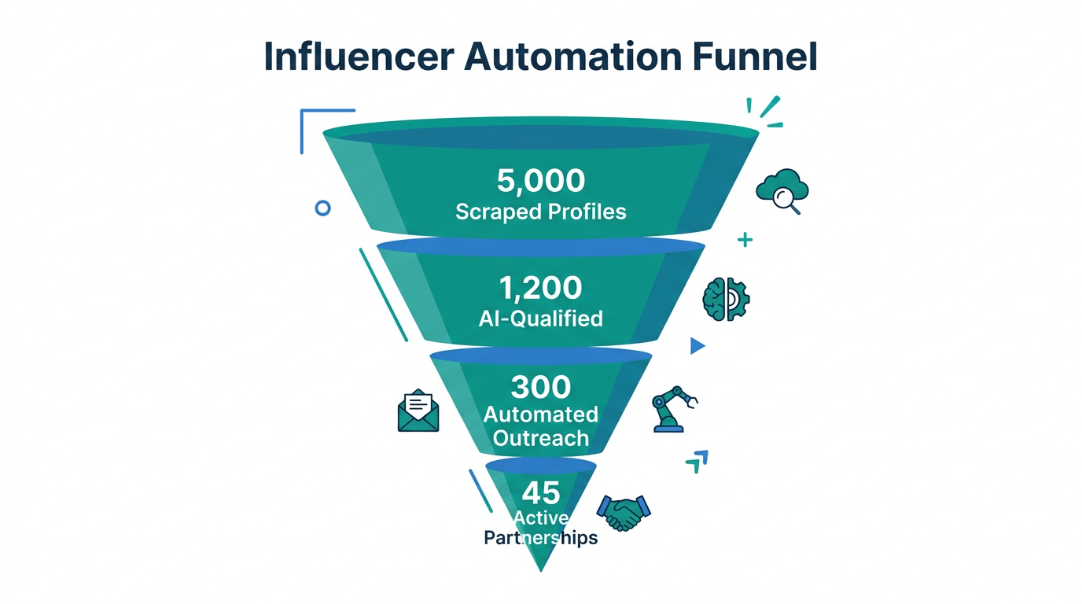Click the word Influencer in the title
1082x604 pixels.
[357, 57]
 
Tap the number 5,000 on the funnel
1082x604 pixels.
[541, 181]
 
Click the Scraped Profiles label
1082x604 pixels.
[541, 212]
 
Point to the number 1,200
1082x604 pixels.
[541, 288]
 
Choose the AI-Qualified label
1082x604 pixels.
[541, 318]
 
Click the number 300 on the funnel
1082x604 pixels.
[541, 387]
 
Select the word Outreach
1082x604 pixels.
[541, 437]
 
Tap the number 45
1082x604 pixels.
[541, 493]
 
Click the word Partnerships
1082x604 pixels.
[541, 538]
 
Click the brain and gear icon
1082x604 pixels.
[725, 299]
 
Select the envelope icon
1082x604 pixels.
[418, 411]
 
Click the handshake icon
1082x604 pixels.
[624, 513]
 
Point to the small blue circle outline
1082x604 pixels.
[322, 208]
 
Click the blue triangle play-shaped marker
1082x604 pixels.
[697, 346]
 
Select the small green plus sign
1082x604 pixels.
[745, 240]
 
